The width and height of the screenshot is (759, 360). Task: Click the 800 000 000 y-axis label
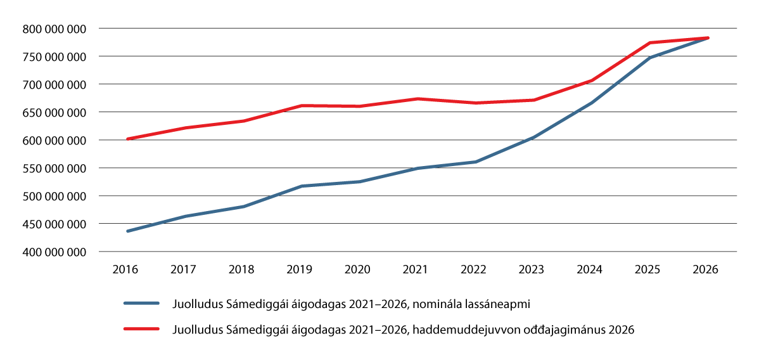tap(54, 29)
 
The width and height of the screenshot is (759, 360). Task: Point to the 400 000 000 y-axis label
tap(54, 252)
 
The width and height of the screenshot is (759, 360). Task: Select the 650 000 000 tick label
tap(54, 112)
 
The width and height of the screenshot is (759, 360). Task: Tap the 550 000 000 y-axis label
tap(54, 169)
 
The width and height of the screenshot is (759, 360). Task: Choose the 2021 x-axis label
tap(416, 269)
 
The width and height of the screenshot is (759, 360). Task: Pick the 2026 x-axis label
tap(706, 269)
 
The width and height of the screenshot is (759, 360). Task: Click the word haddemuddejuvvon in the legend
tap(455, 330)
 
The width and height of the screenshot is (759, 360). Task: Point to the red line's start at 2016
tap(128, 139)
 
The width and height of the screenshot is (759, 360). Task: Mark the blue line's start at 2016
tap(128, 231)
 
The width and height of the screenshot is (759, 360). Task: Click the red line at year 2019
tap(301, 105)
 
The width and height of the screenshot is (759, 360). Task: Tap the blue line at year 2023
tap(533, 137)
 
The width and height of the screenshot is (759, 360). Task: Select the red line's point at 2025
tap(649, 42)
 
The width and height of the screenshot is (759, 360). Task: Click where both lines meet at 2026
tap(707, 38)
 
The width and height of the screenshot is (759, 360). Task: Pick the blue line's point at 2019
tap(301, 186)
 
